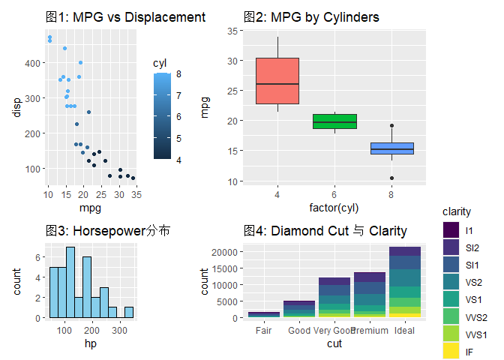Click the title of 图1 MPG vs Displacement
(125, 17)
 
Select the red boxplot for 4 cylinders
(277, 81)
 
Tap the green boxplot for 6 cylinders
(334, 121)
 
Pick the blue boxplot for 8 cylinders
(391, 148)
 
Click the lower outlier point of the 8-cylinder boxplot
(391, 178)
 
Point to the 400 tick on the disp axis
(32, 63)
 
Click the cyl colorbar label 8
(178, 74)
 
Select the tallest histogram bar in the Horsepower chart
(70, 282)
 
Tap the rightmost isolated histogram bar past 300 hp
(129, 313)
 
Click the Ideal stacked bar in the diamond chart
(405, 282)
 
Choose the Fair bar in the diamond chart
(264, 315)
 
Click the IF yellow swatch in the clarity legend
(451, 351)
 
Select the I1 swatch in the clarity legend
(451, 230)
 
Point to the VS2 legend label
(474, 283)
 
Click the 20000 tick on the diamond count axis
(224, 252)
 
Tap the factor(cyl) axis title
(334, 208)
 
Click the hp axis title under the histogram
(91, 343)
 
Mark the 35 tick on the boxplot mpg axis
(232, 31)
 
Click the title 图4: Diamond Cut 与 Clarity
(325, 231)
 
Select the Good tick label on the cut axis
(299, 331)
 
